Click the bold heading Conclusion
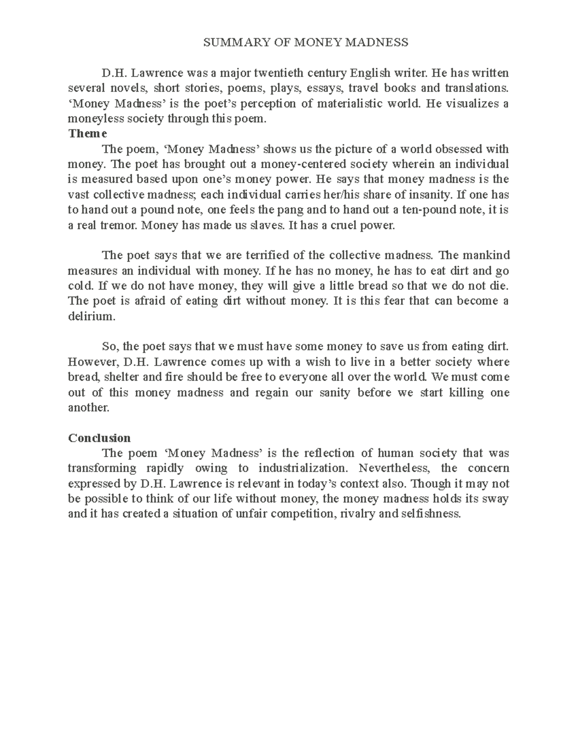(99, 438)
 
